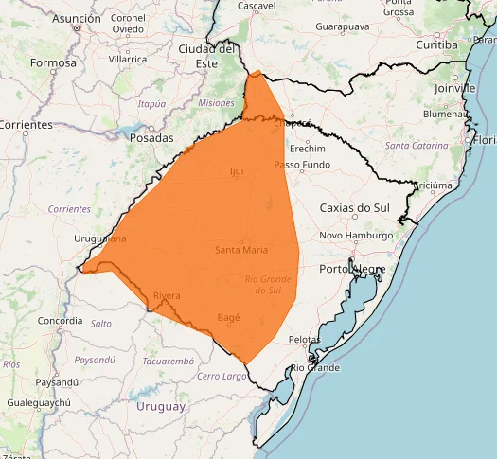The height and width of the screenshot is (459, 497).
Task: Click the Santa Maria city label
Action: click(x=241, y=250)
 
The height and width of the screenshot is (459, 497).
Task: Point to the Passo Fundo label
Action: click(x=302, y=165)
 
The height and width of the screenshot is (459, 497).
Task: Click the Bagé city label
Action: click(x=229, y=317)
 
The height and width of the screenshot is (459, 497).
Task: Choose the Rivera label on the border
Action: click(x=166, y=296)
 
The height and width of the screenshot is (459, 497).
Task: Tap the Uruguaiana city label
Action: click(x=99, y=239)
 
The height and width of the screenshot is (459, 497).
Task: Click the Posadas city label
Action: click(x=151, y=136)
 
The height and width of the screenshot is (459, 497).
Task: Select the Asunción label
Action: click(x=77, y=18)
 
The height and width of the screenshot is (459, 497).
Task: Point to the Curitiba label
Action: click(x=436, y=44)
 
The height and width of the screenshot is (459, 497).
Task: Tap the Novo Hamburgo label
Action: click(x=357, y=236)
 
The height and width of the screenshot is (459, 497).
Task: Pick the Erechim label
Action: click(x=307, y=149)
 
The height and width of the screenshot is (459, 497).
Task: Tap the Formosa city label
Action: click(x=53, y=62)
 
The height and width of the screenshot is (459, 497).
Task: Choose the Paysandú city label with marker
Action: click(x=57, y=382)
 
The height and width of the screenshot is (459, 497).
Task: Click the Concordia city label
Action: click(x=60, y=321)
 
